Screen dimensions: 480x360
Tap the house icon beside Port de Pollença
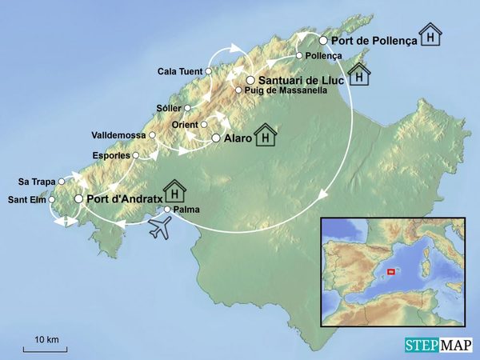(431, 36)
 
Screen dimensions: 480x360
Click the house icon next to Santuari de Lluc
(359, 74)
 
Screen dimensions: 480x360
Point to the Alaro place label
(237, 138)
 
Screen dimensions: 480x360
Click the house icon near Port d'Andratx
(174, 191)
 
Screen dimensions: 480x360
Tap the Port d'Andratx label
(121, 198)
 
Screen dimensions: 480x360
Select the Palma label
(186, 210)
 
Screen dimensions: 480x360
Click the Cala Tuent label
(181, 71)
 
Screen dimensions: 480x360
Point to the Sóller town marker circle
(188, 108)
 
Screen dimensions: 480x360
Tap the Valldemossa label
(120, 135)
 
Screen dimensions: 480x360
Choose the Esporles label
(111, 155)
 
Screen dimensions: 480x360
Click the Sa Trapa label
(37, 182)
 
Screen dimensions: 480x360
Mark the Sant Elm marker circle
(52, 199)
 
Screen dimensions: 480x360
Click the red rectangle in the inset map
(390, 272)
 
